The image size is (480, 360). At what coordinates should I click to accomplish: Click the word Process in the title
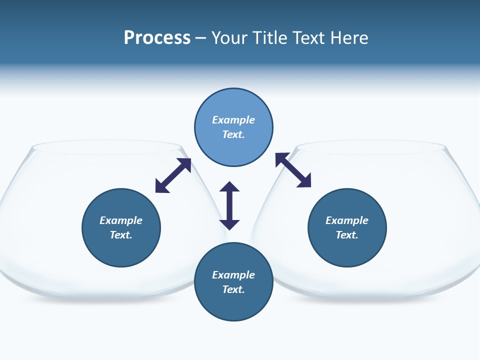click(157, 38)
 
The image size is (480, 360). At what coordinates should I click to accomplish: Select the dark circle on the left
click(121, 250)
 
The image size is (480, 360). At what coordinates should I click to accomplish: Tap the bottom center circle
click(233, 305)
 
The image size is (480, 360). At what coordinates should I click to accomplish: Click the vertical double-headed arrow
click(229, 205)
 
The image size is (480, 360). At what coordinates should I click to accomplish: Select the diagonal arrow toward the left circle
click(173, 175)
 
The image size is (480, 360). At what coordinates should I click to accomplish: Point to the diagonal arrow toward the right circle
click(293, 170)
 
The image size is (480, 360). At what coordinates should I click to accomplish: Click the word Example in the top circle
click(233, 120)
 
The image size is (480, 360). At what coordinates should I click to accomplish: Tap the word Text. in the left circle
click(121, 235)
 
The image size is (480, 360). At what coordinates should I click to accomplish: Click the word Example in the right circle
click(347, 220)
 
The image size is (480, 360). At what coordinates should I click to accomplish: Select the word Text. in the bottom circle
click(233, 289)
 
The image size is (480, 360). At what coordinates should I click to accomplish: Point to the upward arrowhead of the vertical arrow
click(229, 186)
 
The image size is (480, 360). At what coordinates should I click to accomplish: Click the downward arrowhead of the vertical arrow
click(229, 224)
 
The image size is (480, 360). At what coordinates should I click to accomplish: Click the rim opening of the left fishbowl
click(106, 147)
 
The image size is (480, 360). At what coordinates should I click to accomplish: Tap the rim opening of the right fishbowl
click(370, 147)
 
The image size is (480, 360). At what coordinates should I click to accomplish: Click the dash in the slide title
click(200, 38)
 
